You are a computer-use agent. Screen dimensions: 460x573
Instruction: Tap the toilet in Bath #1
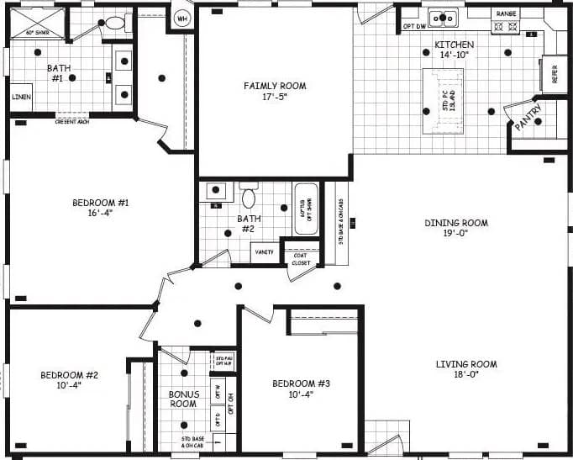[x=114, y=23]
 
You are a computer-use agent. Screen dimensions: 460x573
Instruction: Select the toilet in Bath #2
[x=248, y=198]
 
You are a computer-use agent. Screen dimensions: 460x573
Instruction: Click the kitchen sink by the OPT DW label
[x=442, y=17]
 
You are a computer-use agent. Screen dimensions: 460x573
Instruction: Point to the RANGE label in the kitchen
[x=507, y=13]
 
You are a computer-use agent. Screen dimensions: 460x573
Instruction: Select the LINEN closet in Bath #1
[x=21, y=97]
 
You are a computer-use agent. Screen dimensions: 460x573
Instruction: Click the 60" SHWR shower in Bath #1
[x=36, y=24]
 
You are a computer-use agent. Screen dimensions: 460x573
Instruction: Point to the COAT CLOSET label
[x=301, y=259]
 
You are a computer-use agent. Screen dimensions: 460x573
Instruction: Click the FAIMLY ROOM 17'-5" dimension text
[x=275, y=98]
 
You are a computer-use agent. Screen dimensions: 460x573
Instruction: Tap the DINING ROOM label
[x=456, y=223]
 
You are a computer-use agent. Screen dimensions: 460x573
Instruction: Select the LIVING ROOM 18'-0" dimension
[x=466, y=375]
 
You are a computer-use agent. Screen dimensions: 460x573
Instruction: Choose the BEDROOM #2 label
[x=70, y=375]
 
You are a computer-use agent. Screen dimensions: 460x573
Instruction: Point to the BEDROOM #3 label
[x=301, y=383]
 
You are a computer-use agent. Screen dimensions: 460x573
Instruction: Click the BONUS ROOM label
[x=182, y=399]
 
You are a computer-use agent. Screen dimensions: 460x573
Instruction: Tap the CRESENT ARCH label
[x=73, y=122]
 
